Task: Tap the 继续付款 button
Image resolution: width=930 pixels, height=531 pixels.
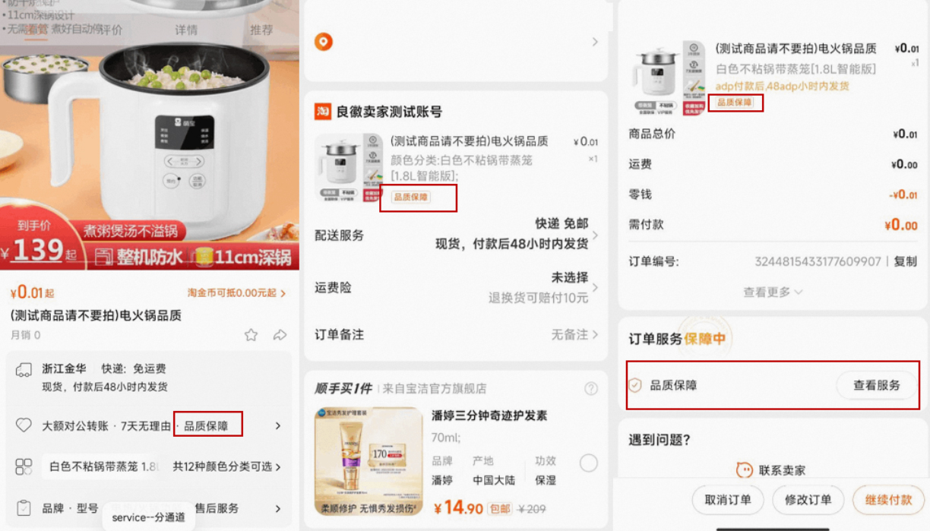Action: click(887, 500)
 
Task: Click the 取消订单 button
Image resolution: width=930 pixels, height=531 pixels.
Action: click(728, 500)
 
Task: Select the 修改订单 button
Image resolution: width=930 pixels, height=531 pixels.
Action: click(808, 500)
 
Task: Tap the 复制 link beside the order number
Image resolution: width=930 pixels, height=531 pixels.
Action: click(905, 262)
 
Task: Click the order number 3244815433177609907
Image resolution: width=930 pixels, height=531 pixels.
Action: click(818, 262)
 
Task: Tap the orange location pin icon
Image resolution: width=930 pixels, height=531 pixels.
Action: click(324, 43)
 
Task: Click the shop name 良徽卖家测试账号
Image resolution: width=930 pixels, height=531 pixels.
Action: click(389, 112)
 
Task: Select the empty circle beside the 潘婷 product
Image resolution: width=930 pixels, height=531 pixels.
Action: click(588, 463)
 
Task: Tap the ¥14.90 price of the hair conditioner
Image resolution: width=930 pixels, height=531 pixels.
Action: click(458, 507)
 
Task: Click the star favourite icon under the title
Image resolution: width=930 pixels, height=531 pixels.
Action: click(251, 335)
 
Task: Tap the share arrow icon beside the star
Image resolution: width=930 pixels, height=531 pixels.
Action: click(280, 335)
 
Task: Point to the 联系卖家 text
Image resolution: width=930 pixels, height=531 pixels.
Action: click(781, 470)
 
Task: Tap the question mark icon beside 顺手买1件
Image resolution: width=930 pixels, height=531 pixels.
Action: click(591, 389)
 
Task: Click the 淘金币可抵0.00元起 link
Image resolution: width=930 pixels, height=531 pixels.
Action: click(236, 293)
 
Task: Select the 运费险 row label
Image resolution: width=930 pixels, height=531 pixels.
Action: click(333, 288)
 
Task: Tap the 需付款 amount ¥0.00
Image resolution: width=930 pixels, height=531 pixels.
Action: click(900, 225)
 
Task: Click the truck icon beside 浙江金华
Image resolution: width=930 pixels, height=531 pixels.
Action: click(24, 370)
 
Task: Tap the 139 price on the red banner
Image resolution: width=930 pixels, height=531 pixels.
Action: click(37, 250)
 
